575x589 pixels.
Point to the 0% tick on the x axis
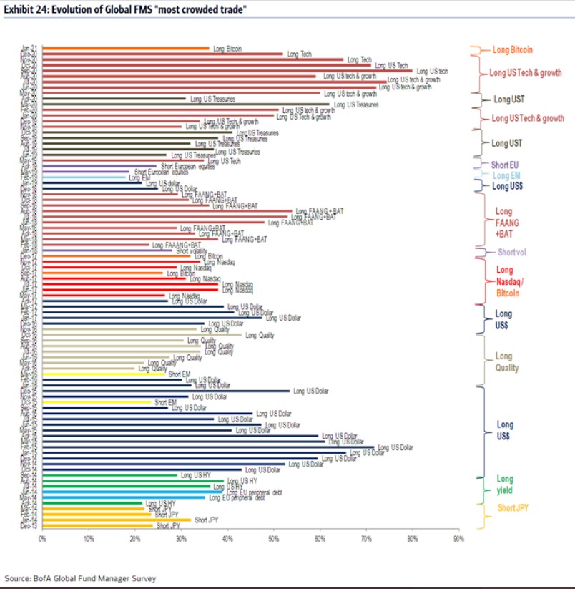(43, 539)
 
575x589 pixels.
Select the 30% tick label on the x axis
(182, 539)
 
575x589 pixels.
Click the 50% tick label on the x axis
(274, 539)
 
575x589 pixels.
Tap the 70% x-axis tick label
(366, 539)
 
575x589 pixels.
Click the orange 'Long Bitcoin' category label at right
(512, 50)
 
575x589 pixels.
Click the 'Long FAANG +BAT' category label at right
(506, 223)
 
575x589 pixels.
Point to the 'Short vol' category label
(512, 252)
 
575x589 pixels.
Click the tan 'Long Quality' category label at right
(506, 362)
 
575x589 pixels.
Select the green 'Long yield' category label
(505, 485)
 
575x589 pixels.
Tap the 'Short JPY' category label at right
(512, 508)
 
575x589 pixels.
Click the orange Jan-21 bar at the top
(126, 49)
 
